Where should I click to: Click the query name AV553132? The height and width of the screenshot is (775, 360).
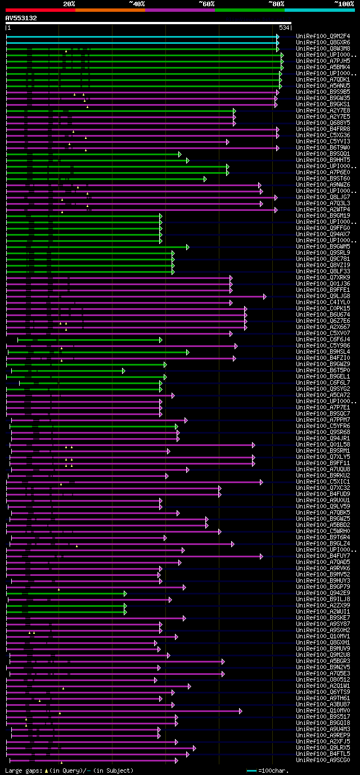[x=21, y=18]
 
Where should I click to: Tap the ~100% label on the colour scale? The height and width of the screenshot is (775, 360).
[x=344, y=3]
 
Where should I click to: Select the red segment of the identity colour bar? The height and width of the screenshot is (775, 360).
[x=40, y=10]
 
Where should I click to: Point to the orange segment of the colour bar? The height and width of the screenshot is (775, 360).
[x=110, y=10]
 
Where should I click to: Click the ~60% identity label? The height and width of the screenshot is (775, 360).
[x=206, y=3]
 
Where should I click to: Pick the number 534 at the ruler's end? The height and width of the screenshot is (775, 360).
[x=284, y=27]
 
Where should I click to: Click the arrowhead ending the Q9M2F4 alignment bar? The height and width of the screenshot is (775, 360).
[x=277, y=37]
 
